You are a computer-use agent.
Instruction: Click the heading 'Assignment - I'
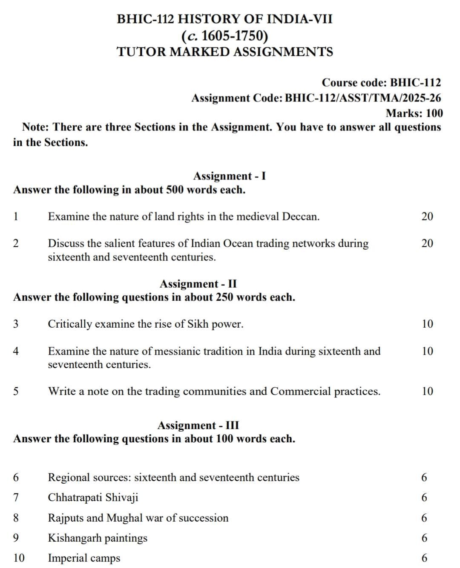[229, 176]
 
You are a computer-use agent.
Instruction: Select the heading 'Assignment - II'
[198, 284]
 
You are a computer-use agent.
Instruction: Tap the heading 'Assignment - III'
[198, 425]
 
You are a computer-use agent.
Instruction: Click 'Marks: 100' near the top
[414, 113]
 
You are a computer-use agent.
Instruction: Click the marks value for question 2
[427, 243]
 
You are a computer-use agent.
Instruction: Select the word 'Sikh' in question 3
[198, 324]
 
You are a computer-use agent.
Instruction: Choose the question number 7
[16, 498]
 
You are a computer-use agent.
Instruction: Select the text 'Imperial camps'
[84, 558]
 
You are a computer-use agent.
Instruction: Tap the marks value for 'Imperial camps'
[424, 558]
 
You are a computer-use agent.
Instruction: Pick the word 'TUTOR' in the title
[141, 52]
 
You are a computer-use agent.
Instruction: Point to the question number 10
[19, 558]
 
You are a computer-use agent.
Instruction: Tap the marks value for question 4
[427, 351]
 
